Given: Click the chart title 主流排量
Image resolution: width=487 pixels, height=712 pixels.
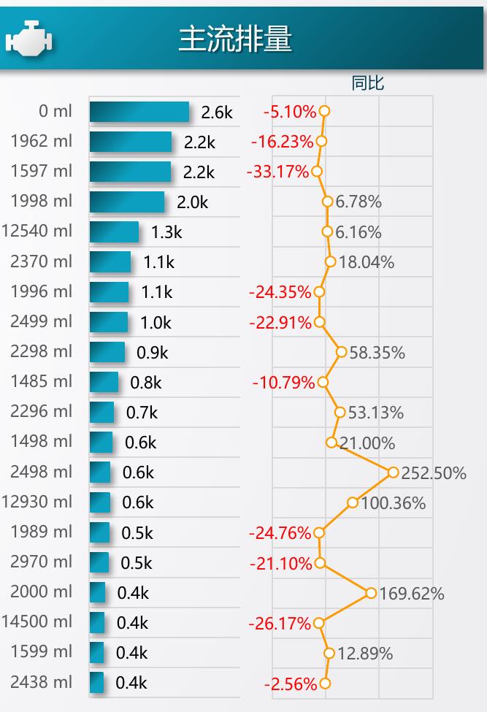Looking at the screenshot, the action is (x=235, y=39).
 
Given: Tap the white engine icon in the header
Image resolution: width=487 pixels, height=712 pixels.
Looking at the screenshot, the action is (x=29, y=38).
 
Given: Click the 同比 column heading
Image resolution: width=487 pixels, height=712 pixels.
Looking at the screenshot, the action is (x=368, y=83).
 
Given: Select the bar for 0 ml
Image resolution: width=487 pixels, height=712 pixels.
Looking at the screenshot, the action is (x=139, y=112).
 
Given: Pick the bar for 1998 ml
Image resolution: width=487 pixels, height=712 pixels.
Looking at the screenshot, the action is (x=127, y=202).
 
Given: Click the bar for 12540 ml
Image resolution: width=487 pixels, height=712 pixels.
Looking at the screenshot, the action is (x=115, y=231).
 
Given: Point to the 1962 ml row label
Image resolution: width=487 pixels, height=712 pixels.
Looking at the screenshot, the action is (x=42, y=141).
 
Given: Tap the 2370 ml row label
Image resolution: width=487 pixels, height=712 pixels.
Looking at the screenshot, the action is (x=42, y=261).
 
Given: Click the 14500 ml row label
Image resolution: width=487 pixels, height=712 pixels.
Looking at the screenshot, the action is (x=37, y=621).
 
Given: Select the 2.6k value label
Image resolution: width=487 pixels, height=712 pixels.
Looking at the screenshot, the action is (x=217, y=112).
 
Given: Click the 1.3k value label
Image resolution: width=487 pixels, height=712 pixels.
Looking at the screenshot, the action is (x=166, y=232).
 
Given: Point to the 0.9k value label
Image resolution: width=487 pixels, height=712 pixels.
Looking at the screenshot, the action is (x=153, y=353).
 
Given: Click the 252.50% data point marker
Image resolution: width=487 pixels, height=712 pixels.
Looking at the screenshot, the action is (x=393, y=472).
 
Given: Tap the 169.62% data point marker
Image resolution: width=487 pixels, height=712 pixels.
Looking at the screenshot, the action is (x=371, y=592).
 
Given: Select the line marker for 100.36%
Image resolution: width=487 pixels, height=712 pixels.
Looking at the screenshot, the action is (x=352, y=502).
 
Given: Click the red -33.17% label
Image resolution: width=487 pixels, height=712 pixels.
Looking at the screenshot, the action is (x=277, y=172).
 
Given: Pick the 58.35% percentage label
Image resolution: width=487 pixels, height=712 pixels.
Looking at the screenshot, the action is (x=377, y=353).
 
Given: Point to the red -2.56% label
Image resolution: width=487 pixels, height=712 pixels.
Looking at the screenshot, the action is (x=291, y=684).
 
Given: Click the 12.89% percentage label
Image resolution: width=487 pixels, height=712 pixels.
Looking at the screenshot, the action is (x=365, y=654).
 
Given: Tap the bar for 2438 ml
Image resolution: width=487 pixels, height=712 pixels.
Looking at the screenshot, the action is (x=96, y=683).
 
